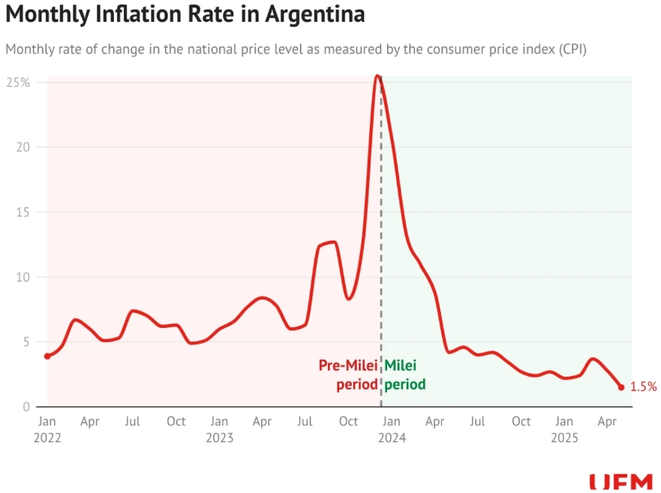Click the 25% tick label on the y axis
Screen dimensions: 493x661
click(18, 82)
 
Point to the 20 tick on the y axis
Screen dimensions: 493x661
click(23, 147)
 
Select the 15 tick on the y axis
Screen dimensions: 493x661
click(23, 212)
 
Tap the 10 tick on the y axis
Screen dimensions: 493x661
click(23, 277)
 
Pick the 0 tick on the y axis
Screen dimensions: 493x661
click(26, 407)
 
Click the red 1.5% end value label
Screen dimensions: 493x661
click(643, 387)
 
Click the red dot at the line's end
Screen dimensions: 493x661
click(621, 387)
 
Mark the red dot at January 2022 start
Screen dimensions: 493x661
click(47, 356)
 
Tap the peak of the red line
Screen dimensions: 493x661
click(378, 76)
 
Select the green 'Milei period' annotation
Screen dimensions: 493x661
click(405, 375)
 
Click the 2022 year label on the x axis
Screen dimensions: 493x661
click(47, 438)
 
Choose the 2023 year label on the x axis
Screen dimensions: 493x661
click(219, 438)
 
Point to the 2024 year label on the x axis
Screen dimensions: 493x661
click(392, 438)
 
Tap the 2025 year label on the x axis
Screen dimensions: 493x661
click(564, 438)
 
